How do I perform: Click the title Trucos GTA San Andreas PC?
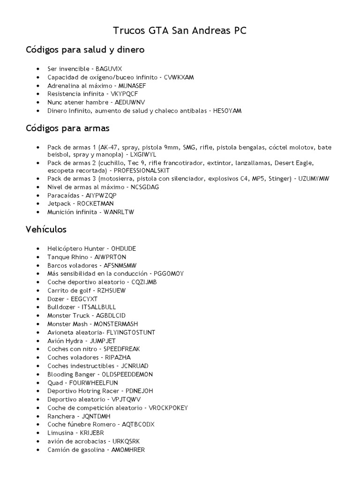[x=180, y=31]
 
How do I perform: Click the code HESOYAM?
[x=227, y=111]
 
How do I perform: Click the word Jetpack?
[x=58, y=204]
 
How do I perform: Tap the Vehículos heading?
[x=46, y=230]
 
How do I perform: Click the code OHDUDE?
[x=124, y=248]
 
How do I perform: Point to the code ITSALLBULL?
[x=99, y=307]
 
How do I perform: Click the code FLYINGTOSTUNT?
[x=128, y=332]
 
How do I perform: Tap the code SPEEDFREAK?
[x=121, y=349]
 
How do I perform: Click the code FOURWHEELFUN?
[x=93, y=383]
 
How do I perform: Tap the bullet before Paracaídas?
[x=37, y=195]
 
